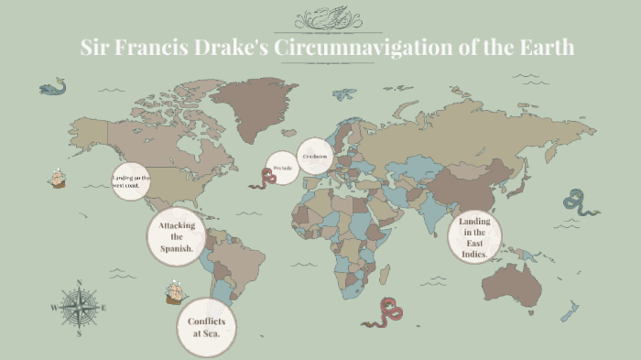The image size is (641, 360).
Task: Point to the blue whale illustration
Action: pos(52,88)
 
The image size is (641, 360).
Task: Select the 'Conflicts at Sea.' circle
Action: pos(206,327)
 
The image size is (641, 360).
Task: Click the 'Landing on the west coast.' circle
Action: pos(131,180)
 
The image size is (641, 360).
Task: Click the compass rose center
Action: pos(80,308)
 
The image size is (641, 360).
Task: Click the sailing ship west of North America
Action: pos(58,178)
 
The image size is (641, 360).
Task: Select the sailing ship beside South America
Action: pos(176,293)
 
